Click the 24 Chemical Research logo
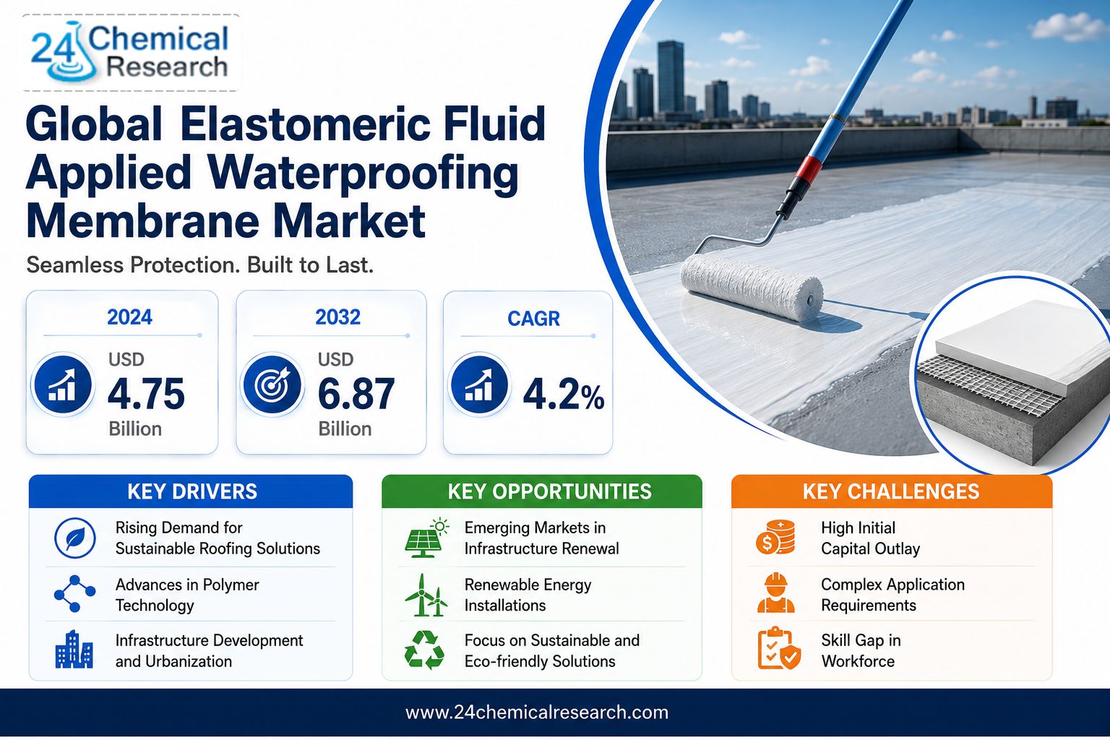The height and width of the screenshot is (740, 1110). (130, 53)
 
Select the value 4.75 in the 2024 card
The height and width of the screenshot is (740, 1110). (146, 394)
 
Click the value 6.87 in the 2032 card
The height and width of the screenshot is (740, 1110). (356, 394)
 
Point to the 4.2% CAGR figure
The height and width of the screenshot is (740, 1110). (564, 395)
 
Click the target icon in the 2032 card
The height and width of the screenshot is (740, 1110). (272, 384)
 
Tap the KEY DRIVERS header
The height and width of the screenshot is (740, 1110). (192, 491)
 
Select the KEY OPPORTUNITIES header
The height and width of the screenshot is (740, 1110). (549, 491)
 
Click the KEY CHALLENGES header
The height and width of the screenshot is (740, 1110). (891, 491)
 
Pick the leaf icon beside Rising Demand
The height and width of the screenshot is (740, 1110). (75, 538)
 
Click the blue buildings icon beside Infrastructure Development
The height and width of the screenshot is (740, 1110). (74, 649)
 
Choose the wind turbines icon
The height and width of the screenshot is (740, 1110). (426, 595)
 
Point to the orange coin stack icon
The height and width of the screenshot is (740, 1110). (775, 537)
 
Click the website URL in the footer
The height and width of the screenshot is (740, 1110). (537, 713)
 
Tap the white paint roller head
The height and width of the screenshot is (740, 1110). (752, 288)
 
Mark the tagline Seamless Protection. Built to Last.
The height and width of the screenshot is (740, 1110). (199, 265)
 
